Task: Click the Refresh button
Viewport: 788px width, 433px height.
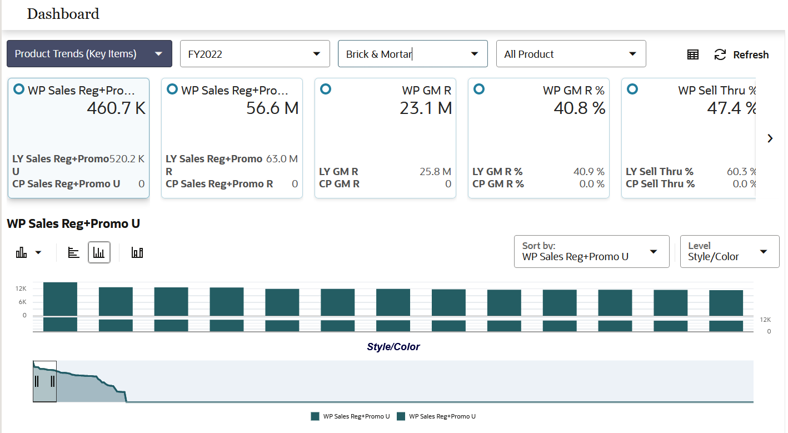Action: [742, 54]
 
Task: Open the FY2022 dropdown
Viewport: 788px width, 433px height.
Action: [255, 54]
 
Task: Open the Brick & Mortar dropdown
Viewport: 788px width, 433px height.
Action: [412, 54]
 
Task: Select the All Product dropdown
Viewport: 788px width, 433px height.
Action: [571, 54]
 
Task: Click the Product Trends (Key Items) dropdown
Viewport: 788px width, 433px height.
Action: [89, 54]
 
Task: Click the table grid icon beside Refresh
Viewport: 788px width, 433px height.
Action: [692, 54]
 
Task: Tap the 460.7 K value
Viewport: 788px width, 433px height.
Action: [116, 108]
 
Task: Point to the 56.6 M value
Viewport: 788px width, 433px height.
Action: [272, 108]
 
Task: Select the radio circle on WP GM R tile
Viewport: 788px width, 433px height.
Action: [326, 89]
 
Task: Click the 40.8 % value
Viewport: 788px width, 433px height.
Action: [579, 108]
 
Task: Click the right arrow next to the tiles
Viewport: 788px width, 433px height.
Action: [770, 138]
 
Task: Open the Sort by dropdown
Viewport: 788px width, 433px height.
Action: [591, 252]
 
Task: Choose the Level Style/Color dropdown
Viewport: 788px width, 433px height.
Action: [729, 252]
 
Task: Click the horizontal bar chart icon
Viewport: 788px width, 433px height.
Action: [74, 252]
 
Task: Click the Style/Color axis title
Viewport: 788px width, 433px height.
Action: [393, 347]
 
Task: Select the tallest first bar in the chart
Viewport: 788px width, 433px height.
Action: [60, 299]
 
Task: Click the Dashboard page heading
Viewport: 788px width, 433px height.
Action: [63, 14]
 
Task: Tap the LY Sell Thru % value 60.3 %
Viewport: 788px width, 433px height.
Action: [741, 172]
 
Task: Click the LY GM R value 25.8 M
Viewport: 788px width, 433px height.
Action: [435, 172]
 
